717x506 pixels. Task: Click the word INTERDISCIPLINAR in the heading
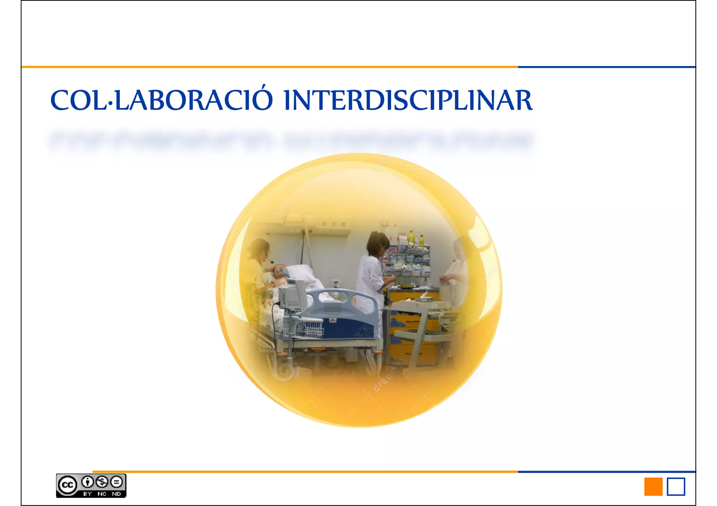pyautogui.click(x=408, y=101)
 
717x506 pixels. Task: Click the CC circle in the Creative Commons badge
pyautogui.click(x=68, y=485)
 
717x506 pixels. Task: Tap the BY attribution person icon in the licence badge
pyautogui.click(x=88, y=482)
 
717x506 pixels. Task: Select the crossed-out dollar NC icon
pyautogui.click(x=102, y=482)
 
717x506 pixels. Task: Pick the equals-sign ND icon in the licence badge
pyautogui.click(x=116, y=482)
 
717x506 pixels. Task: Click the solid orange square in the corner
pyautogui.click(x=653, y=486)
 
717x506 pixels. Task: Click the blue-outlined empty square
pyautogui.click(x=676, y=486)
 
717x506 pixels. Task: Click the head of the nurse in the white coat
pyautogui.click(x=378, y=243)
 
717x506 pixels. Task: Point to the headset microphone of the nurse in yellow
pyautogui.click(x=271, y=262)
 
